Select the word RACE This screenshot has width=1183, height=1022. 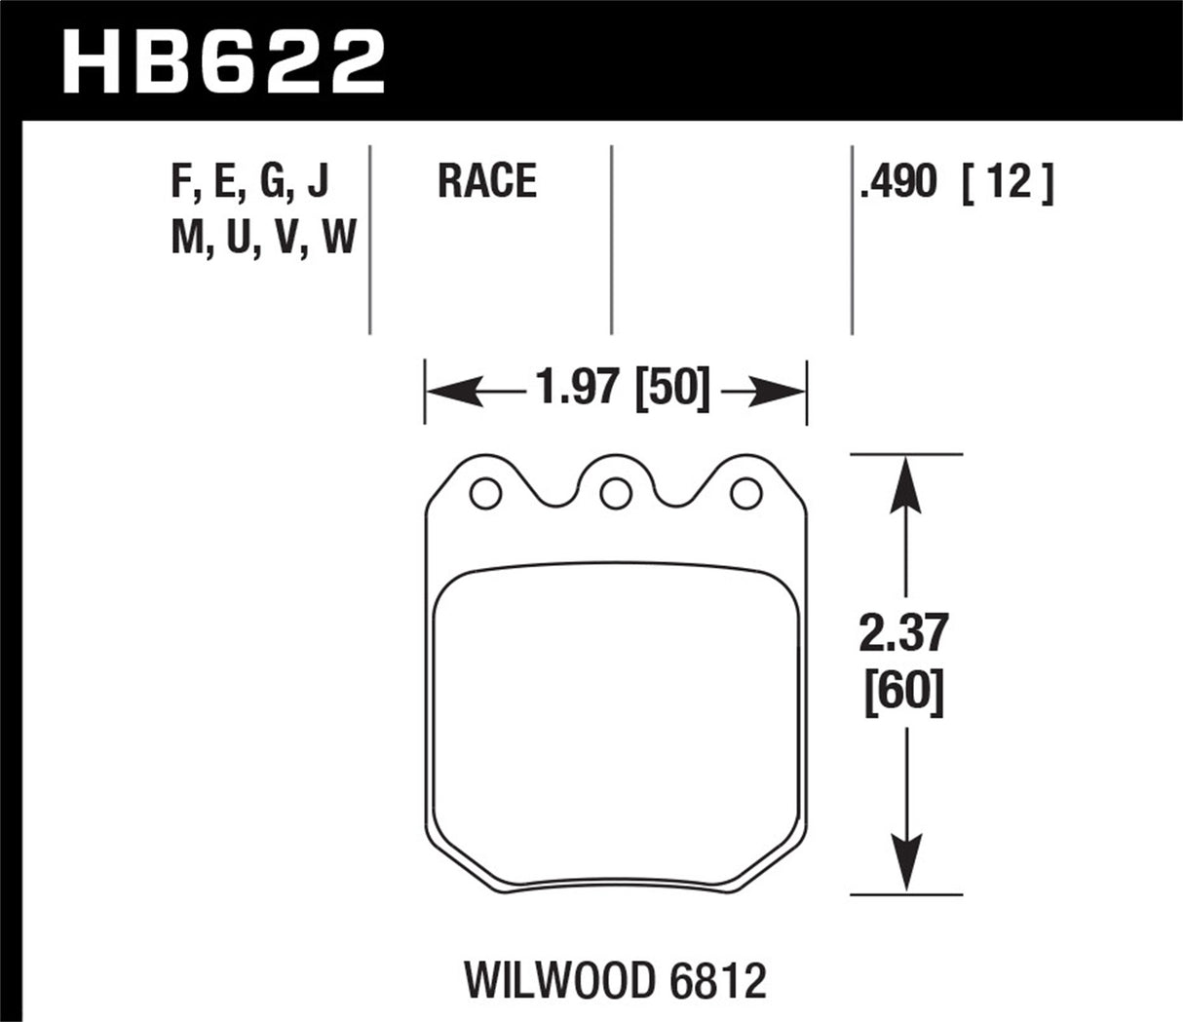486,182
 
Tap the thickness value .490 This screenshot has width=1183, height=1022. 897,182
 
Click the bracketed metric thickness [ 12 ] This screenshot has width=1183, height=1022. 1007,182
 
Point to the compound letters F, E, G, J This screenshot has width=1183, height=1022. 250,182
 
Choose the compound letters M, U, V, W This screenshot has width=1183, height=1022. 263,237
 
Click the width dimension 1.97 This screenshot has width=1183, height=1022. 577,389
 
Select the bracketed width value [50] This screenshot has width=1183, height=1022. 672,389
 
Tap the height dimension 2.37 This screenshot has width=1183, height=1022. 905,635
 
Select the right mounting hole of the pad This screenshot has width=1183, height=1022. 745,495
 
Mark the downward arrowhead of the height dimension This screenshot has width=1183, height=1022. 907,870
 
